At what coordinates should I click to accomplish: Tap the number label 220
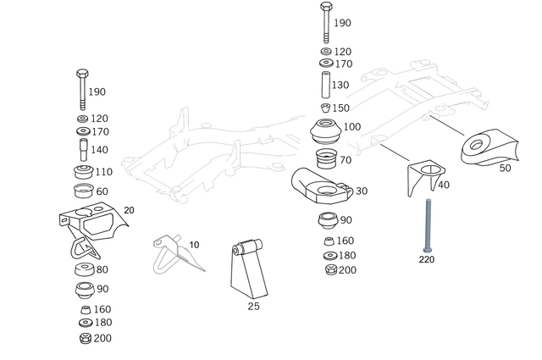coord(426,260)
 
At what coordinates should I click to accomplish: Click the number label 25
coord(253,307)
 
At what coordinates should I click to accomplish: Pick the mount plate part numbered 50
coord(489,147)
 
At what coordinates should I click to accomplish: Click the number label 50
coord(506,169)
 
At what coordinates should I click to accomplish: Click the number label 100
coord(352,126)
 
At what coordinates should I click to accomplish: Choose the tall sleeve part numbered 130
coord(325,86)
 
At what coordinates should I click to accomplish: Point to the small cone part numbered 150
coord(325,108)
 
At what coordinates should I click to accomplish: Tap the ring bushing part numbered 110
coord(82,173)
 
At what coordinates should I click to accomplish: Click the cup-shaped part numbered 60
coord(83,191)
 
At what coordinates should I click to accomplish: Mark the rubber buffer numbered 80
coord(83,272)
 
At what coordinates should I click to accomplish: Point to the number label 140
coord(100,149)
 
